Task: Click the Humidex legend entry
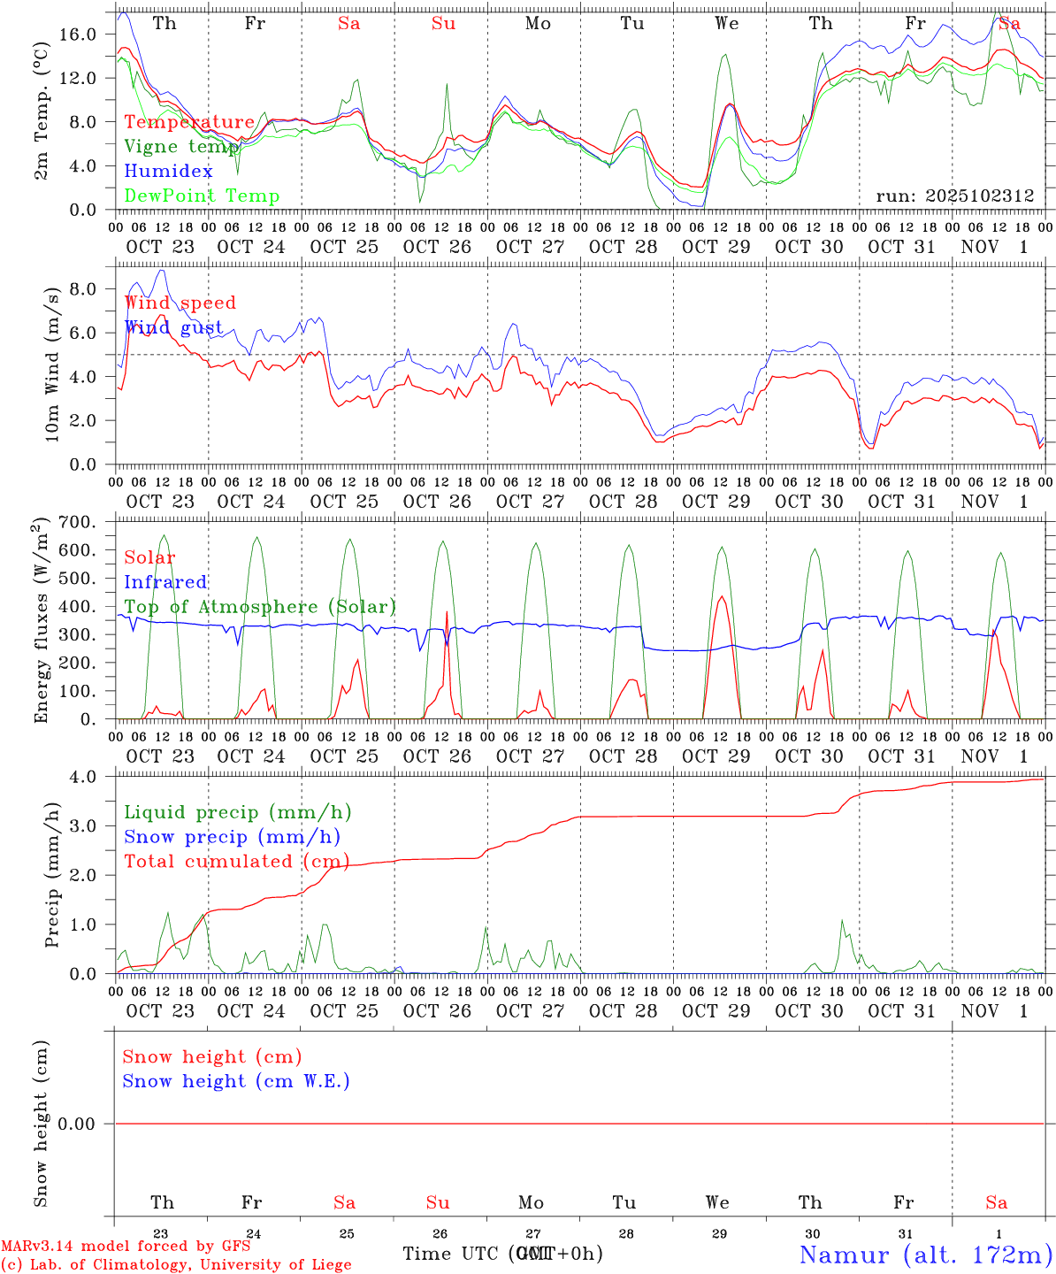[168, 172]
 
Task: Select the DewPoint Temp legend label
[202, 196]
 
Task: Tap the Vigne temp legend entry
[180, 147]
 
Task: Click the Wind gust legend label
[173, 327]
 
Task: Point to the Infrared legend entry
[165, 582]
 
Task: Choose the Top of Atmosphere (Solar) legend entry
[259, 607]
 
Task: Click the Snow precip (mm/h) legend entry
[232, 837]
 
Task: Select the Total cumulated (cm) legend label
[236, 862]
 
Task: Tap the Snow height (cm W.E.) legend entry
[236, 1081]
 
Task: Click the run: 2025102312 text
[954, 196]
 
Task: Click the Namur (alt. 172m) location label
[925, 1255]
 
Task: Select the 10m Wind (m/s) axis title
[52, 364]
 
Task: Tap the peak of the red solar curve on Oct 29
[722, 596]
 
